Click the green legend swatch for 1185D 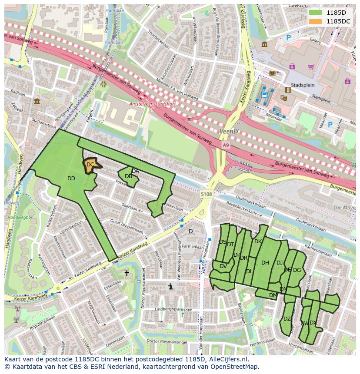point(316,13)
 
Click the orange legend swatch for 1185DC point(316,21)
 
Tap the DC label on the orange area point(90,165)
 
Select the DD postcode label point(71,179)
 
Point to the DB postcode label point(128,176)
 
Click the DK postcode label point(258,242)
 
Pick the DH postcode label point(265,262)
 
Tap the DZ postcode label point(287,319)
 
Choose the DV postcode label point(223,266)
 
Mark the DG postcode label point(297,270)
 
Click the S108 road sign point(207,194)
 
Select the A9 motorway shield point(225,145)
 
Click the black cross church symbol point(127,273)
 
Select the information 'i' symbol point(170,286)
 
